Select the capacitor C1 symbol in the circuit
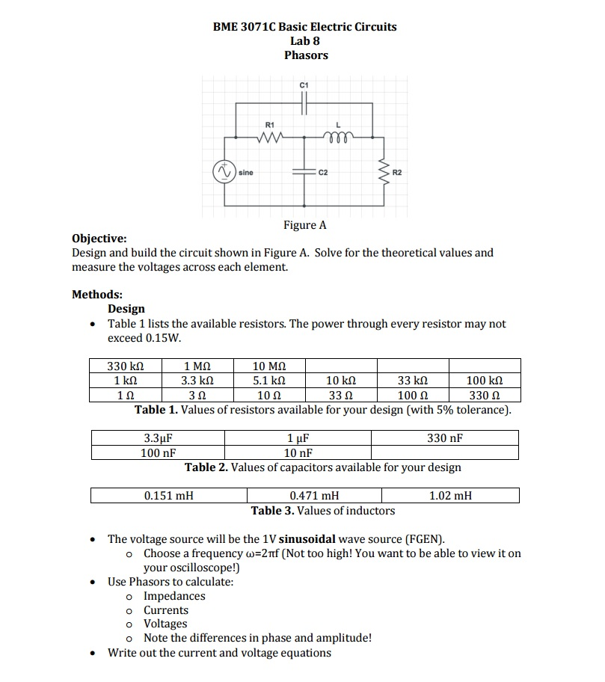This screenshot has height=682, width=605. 304,105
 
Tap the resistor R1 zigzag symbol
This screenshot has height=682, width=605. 270,138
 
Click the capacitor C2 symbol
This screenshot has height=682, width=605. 304,172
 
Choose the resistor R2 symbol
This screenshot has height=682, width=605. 385,172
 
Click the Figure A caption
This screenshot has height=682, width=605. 304,225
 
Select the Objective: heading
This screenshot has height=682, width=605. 99,239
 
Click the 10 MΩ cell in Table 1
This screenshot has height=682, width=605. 269,366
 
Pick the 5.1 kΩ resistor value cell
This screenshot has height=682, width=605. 269,381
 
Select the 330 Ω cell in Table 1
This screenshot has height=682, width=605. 484,395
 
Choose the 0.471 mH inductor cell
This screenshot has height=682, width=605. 314,495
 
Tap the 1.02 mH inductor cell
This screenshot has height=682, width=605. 450,495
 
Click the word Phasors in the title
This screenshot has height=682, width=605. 306,55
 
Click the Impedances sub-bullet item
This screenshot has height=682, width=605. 174,596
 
